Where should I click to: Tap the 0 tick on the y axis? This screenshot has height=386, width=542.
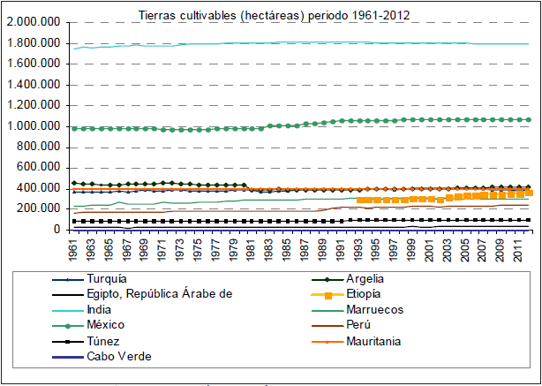pos(55,229)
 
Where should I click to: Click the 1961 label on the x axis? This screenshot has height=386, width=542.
pos(75,250)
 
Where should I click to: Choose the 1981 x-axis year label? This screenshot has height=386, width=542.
pos(252,250)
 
